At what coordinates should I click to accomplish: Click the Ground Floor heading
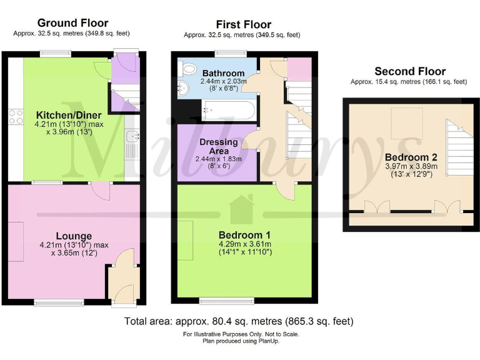coord(73,23)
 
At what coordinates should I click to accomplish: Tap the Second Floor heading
coord(410,71)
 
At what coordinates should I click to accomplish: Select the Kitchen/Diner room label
coord(69,115)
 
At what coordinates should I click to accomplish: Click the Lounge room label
coord(74,236)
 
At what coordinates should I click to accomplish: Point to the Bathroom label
coord(224,73)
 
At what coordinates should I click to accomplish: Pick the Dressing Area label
coord(219,146)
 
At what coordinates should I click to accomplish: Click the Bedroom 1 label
coord(244,235)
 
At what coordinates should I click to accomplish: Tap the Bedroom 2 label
coord(411,157)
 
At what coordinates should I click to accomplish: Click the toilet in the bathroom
coord(187,69)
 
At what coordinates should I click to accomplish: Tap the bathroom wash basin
coord(183,89)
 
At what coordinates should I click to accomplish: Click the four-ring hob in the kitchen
coord(16,117)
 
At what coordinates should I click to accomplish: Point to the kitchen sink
coord(132,136)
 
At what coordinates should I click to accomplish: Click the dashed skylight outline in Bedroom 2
coord(407,123)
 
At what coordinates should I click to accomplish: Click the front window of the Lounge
coord(59,303)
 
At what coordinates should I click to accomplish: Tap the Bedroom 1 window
coord(227,301)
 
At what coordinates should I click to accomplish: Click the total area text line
coord(239,321)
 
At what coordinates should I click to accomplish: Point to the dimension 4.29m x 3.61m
coord(244,244)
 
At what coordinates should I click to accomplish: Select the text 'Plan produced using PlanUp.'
coord(241,341)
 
